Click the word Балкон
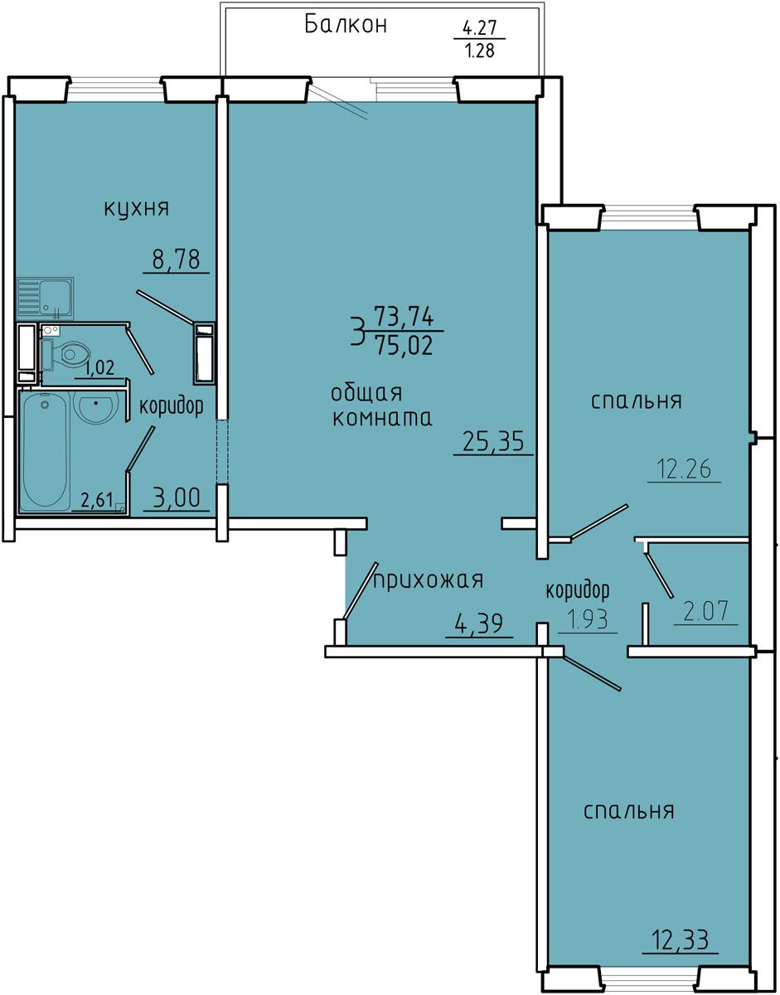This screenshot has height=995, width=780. pyautogui.click(x=346, y=25)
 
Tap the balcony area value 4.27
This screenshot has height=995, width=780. pyautogui.click(x=480, y=29)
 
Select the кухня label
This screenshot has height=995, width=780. pyautogui.click(x=137, y=209)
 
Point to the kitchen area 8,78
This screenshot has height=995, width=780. pyautogui.click(x=177, y=260)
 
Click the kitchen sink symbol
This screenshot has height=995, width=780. pyautogui.click(x=46, y=298)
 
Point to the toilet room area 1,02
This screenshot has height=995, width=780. pyautogui.click(x=99, y=368)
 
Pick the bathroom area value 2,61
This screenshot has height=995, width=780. pyautogui.click(x=97, y=499)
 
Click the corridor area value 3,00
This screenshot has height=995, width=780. pyautogui.click(x=177, y=498)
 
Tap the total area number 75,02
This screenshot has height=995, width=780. pyautogui.click(x=404, y=345)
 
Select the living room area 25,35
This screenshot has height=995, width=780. pyautogui.click(x=493, y=442)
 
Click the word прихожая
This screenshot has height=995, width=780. pyautogui.click(x=429, y=581)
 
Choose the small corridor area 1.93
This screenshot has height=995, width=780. pyautogui.click(x=588, y=620)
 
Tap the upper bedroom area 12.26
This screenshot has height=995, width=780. pyautogui.click(x=685, y=469)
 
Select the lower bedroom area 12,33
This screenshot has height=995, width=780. pyautogui.click(x=681, y=939)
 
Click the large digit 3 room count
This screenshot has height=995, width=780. pyautogui.click(x=357, y=332)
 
